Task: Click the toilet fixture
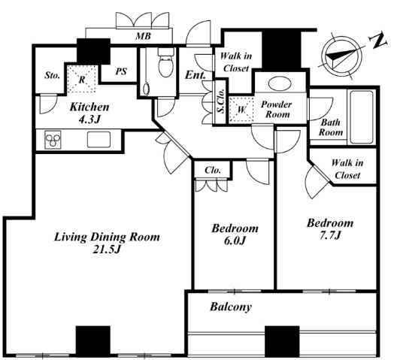pyautogui.click(x=166, y=63)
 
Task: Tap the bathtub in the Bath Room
pyautogui.click(x=362, y=117)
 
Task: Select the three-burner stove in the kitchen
pyautogui.click(x=53, y=140)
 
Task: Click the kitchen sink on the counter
pyautogui.click(x=98, y=140)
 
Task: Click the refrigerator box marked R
pyautogui.click(x=82, y=79)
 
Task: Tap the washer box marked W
pyautogui.click(x=241, y=109)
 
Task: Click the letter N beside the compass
pyautogui.click(x=377, y=39)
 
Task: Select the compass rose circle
pyautogui.click(x=341, y=56)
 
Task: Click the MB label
pyautogui.click(x=143, y=36)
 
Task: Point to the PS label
pyautogui.click(x=121, y=71)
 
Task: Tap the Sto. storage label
pyautogui.click(x=53, y=75)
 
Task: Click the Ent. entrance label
pyautogui.click(x=195, y=75)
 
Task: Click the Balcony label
pyautogui.click(x=231, y=307)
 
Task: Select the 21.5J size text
pyautogui.click(x=107, y=250)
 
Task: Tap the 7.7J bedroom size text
pyautogui.click(x=330, y=235)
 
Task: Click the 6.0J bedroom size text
pyautogui.click(x=235, y=241)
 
